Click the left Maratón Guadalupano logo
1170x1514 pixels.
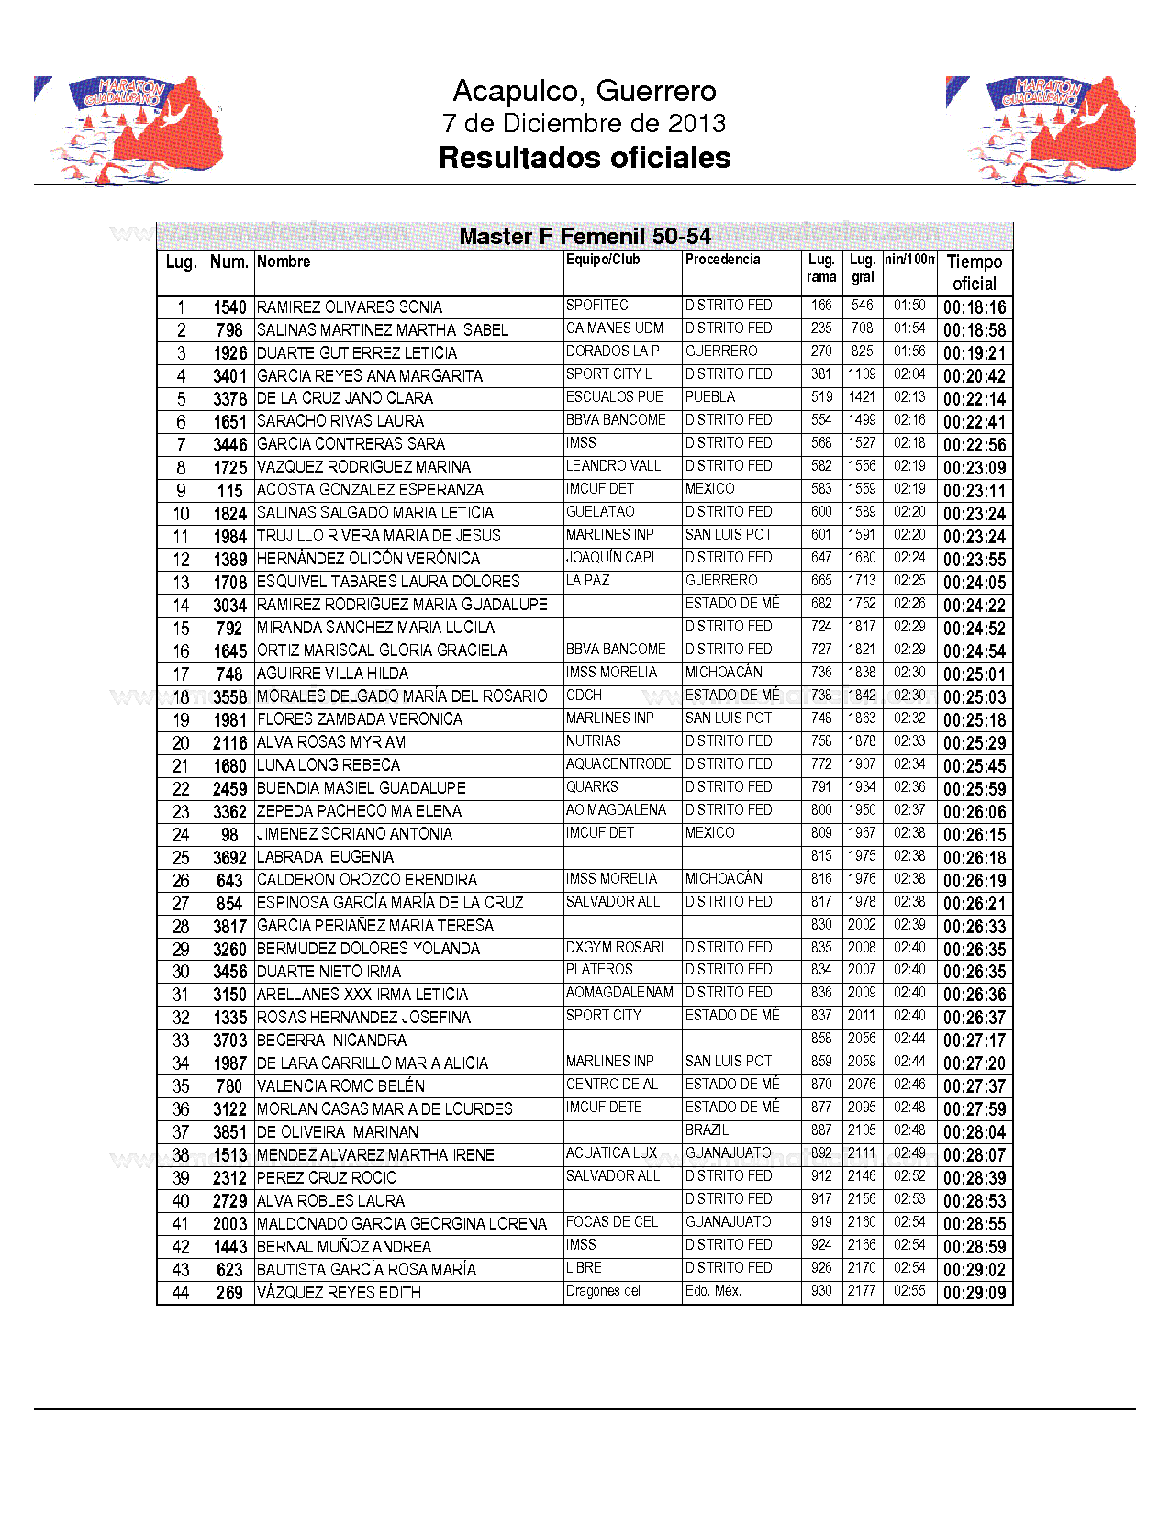pyautogui.click(x=129, y=129)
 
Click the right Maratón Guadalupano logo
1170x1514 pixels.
pyautogui.click(x=1042, y=129)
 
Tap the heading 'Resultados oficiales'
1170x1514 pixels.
pyautogui.click(x=585, y=158)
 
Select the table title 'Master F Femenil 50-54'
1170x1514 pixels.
pyautogui.click(x=585, y=237)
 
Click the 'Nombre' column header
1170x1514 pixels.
pyautogui.click(x=284, y=262)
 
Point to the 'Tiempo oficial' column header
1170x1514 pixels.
pyautogui.click(x=974, y=273)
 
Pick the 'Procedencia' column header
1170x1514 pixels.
pyautogui.click(x=722, y=260)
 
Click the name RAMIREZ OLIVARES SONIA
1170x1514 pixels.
pyautogui.click(x=350, y=307)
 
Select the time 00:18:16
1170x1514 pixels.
pyautogui.click(x=974, y=307)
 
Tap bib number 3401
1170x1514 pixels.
pyautogui.click(x=229, y=376)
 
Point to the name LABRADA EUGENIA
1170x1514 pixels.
pyautogui.click(x=325, y=857)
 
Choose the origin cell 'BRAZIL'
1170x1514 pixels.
pyautogui.click(x=707, y=1130)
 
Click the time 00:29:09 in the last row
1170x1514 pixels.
pyautogui.click(x=974, y=1293)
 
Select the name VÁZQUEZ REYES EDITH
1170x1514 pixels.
pyautogui.click(x=339, y=1293)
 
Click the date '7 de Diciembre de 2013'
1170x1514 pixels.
pyautogui.click(x=584, y=123)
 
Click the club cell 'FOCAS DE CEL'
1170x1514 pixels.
pyautogui.click(x=611, y=1222)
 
